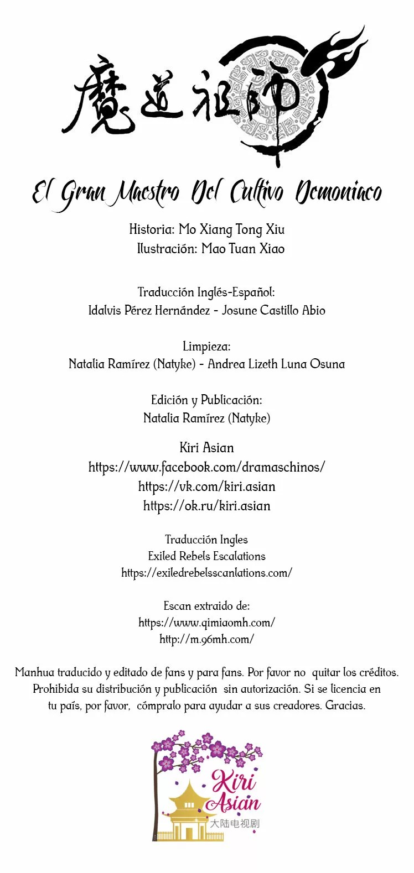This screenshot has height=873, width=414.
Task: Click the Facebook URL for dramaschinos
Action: [x=206, y=467]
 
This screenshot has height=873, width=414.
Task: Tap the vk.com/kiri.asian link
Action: [x=206, y=487]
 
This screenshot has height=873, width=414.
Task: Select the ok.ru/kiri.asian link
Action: [x=206, y=506]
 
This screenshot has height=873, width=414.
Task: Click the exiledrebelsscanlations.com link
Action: [x=206, y=573]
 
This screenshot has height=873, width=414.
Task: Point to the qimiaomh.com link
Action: [x=206, y=623]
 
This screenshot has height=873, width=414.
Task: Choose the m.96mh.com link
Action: [x=206, y=639]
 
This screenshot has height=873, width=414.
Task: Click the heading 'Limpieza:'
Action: [x=206, y=347]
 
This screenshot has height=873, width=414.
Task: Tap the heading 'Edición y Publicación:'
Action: [x=206, y=400]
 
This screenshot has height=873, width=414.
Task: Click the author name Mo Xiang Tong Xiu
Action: [x=231, y=229]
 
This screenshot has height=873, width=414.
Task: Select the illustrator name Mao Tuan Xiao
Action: [x=243, y=249]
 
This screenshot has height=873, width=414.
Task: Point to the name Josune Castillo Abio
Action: [x=273, y=310]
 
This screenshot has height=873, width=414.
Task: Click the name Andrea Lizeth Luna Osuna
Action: [x=276, y=364]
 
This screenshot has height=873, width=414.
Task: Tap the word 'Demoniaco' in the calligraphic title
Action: [x=338, y=192]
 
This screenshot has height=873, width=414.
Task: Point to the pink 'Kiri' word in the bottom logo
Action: [x=234, y=782]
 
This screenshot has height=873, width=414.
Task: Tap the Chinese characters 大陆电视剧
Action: [x=235, y=823]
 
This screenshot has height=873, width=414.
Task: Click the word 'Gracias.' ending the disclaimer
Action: [x=345, y=705]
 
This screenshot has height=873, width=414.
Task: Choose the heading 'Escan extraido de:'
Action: [x=206, y=606]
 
